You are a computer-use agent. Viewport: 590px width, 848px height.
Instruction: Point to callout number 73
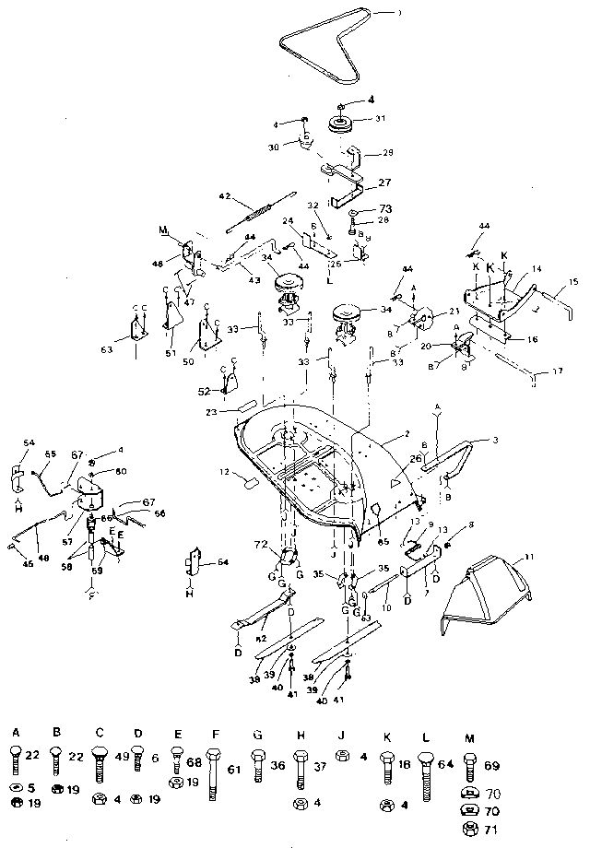(x=384, y=209)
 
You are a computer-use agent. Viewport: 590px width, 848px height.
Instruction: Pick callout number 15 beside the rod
(x=573, y=281)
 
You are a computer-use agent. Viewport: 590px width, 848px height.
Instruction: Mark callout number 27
(x=384, y=183)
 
